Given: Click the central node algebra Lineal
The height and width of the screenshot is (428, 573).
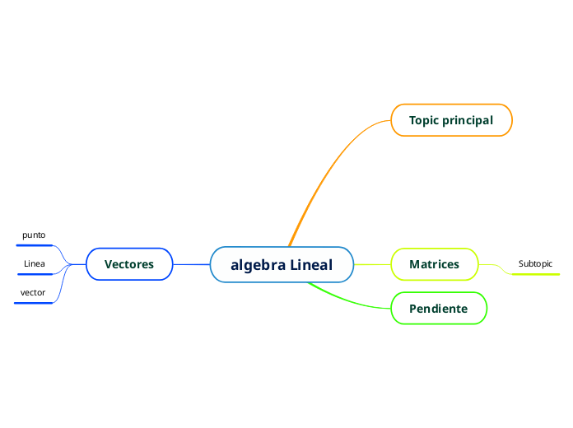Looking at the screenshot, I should point(282,265).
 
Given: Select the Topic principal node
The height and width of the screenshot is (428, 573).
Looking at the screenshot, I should point(451,120).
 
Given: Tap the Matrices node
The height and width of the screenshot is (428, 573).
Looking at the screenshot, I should point(434,264).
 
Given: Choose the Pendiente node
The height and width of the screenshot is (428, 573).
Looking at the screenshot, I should point(439,309).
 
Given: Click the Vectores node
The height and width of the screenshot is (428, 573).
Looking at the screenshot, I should point(129,264).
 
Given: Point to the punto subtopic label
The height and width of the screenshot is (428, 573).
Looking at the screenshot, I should point(34,235).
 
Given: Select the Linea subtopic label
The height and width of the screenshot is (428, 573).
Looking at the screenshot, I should point(35,264).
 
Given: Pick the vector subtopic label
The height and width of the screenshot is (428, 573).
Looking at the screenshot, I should point(33,293).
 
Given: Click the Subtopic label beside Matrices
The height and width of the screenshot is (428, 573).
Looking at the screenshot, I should point(535,264).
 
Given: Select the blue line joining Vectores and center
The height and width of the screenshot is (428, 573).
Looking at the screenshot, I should point(191,264).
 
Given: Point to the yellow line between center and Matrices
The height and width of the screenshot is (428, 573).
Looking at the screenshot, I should point(372,264).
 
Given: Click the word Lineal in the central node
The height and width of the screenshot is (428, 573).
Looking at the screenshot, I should point(311,265).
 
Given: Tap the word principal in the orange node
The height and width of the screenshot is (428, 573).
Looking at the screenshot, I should point(468,120).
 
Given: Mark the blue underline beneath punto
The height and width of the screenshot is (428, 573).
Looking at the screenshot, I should point(34,245).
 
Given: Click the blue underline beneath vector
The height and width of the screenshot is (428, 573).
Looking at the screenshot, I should point(33,303).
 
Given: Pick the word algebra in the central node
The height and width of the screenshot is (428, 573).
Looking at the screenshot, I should point(258,265).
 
